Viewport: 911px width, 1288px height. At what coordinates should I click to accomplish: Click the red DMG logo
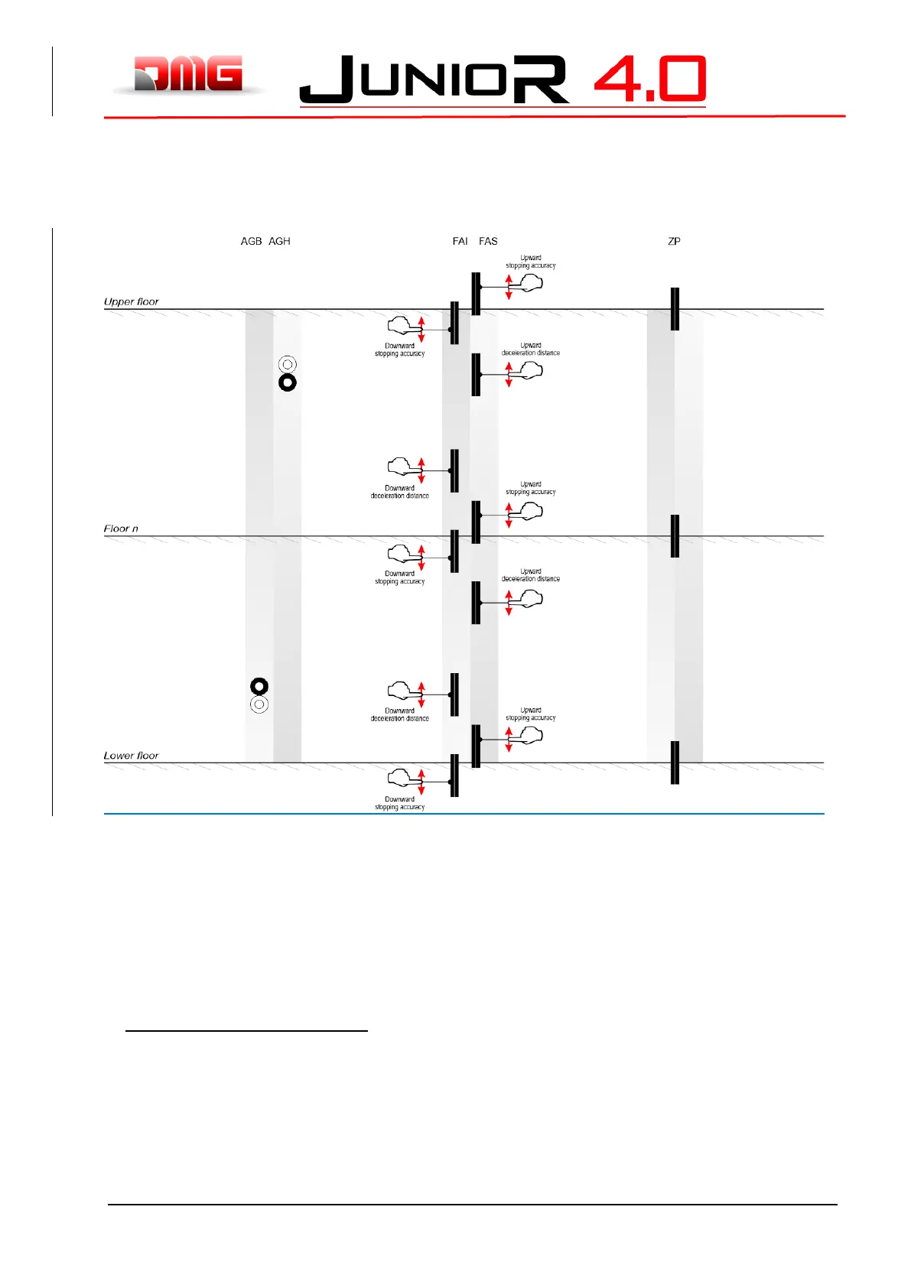click(x=188, y=74)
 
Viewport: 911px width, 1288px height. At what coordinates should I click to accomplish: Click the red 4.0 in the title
click(x=649, y=79)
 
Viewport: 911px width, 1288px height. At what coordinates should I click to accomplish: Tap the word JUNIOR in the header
click(x=434, y=80)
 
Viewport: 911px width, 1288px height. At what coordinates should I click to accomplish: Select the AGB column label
click(x=251, y=241)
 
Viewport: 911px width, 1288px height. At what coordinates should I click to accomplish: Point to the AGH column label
click(x=279, y=241)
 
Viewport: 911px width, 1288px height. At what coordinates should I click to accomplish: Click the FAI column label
click(x=460, y=241)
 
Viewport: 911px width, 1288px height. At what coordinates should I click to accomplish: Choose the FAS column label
click(x=488, y=241)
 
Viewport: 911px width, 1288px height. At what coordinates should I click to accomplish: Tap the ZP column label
click(x=674, y=241)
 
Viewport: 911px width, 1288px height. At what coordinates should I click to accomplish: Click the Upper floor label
click(x=132, y=301)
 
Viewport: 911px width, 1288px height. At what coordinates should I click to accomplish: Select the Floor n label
click(x=122, y=529)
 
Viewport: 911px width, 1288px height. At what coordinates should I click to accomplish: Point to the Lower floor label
click(x=132, y=756)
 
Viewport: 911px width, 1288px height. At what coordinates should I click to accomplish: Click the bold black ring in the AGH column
click(x=288, y=382)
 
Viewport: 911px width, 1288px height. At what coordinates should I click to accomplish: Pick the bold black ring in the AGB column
click(x=259, y=686)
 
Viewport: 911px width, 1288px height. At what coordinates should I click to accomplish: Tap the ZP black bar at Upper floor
click(x=675, y=309)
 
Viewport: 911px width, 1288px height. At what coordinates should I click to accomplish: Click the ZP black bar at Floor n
click(x=675, y=535)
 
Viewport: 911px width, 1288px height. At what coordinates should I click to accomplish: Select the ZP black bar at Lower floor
click(x=675, y=763)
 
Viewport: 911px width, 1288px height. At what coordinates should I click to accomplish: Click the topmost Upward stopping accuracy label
click(x=531, y=262)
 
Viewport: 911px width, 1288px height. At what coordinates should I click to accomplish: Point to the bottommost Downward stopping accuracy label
click(x=399, y=803)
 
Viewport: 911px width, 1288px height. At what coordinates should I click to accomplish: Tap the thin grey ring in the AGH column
click(x=288, y=364)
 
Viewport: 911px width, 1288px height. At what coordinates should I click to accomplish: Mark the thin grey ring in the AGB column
click(x=259, y=704)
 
